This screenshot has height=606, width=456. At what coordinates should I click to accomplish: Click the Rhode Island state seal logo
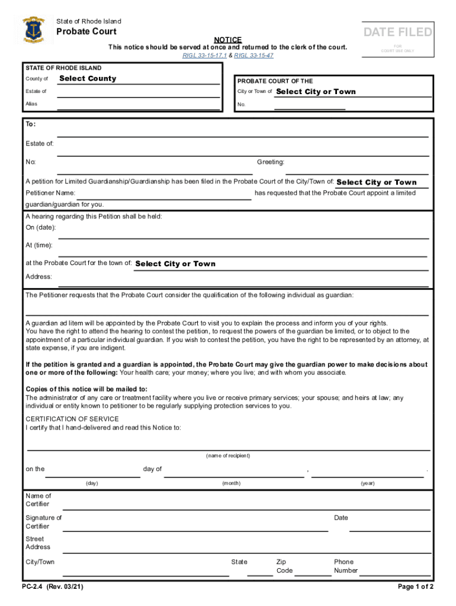pyautogui.click(x=33, y=29)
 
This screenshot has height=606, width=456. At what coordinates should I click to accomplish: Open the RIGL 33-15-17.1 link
pyautogui.click(x=204, y=56)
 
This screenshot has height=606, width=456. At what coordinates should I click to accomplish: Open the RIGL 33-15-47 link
pyautogui.click(x=254, y=56)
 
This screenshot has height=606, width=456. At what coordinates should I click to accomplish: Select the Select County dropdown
pyautogui.click(x=88, y=79)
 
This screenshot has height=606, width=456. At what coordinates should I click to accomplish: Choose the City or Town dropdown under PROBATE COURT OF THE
pyautogui.click(x=316, y=92)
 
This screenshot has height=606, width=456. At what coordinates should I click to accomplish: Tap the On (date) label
pyautogui.click(x=41, y=228)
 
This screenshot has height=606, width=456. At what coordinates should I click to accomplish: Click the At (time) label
pyautogui.click(x=39, y=245)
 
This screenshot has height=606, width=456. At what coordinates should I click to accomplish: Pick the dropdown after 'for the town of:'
pyautogui.click(x=175, y=264)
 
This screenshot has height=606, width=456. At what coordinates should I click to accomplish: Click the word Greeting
pyautogui.click(x=271, y=162)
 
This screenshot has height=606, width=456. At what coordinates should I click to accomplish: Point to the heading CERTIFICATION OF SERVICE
pyautogui.click(x=72, y=419)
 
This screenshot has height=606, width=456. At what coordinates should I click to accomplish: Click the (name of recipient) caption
pyautogui.click(x=228, y=456)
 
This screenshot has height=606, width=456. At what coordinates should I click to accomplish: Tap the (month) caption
pyautogui.click(x=231, y=483)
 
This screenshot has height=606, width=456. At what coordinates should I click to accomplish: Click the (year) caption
pyautogui.click(x=368, y=483)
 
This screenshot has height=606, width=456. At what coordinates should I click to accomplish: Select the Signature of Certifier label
pyautogui.click(x=43, y=522)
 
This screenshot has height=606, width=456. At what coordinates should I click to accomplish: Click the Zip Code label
pyautogui.click(x=284, y=566)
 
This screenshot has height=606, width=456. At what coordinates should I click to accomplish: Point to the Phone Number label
pyautogui.click(x=345, y=566)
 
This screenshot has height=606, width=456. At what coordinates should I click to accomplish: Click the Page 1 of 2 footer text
pyautogui.click(x=416, y=587)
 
